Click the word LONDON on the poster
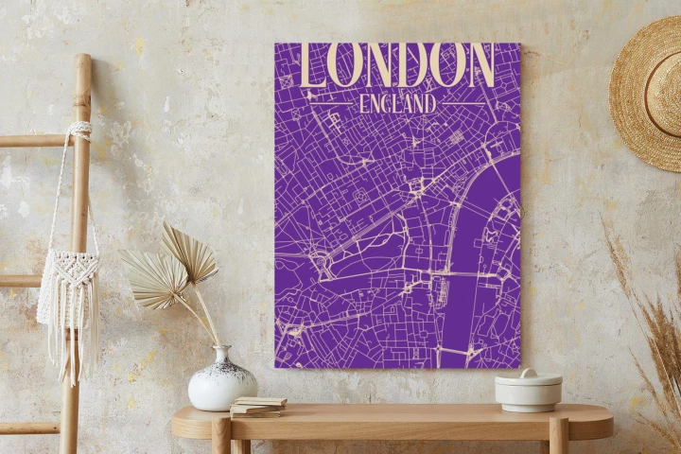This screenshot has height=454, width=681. tap(397, 65)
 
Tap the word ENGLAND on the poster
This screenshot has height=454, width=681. tap(397, 102)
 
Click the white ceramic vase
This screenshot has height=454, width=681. tap(222, 383)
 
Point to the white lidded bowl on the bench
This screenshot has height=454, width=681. tap(528, 390)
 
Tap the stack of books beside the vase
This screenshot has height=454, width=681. tap(258, 406)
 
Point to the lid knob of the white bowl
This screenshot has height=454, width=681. tap(528, 373)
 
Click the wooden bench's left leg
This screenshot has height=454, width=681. tap(221, 439)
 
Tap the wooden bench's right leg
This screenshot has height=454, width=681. tap(559, 438)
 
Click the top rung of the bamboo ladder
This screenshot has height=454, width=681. tap(38, 140)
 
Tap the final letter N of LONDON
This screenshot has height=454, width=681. tap(479, 66)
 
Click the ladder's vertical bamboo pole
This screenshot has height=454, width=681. tap(77, 236)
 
